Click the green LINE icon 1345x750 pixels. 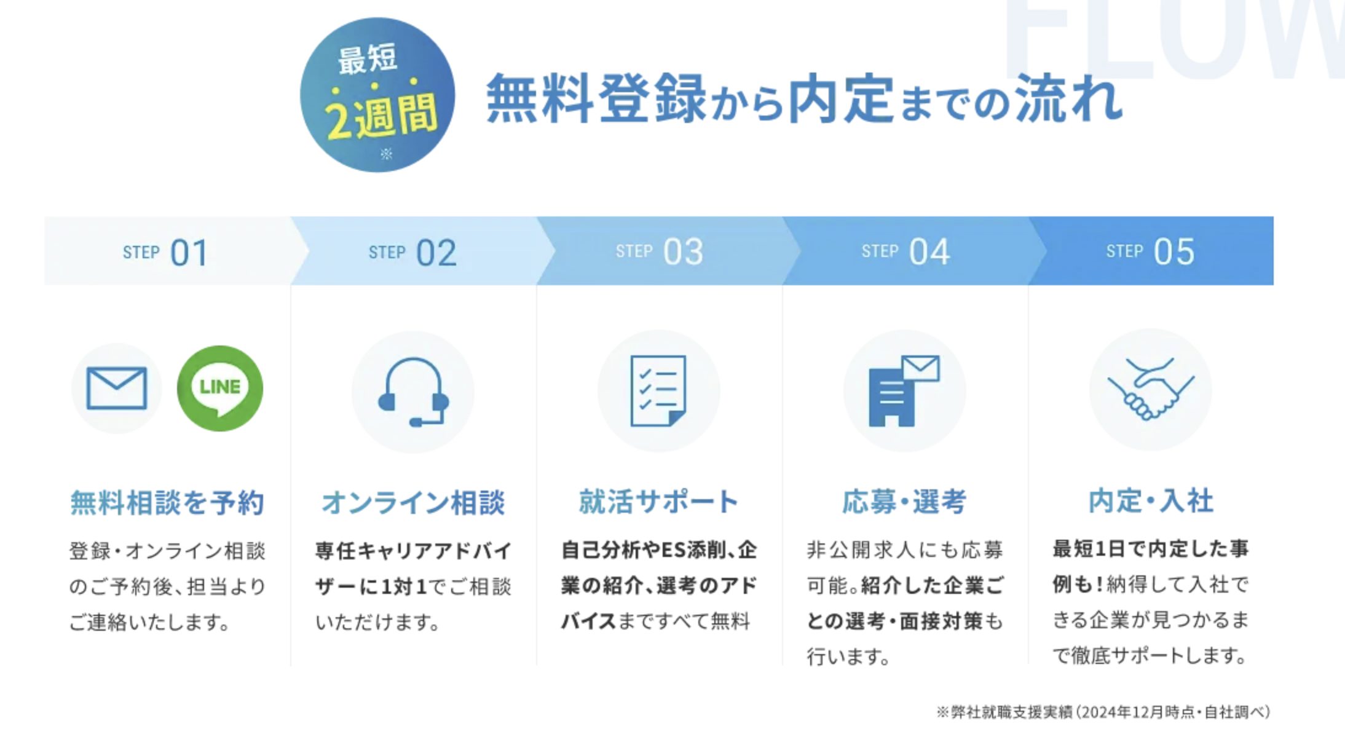pos(219,388)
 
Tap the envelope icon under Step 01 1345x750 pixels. pos(117,388)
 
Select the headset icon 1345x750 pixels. pos(413,392)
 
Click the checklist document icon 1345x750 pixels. pos(658,390)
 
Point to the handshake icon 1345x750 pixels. pos(1151,389)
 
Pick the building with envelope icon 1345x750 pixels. pos(904,390)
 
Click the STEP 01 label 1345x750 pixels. pos(165,252)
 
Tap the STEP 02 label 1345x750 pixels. pos(412,252)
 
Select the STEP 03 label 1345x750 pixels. pos(660,251)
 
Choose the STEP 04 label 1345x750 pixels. pos(905,251)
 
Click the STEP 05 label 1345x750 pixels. pos(1150,251)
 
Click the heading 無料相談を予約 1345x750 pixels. pos(167,502)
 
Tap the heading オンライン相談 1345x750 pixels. pos(413,502)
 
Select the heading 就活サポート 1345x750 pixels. pos(658,501)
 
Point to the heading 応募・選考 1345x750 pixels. pos(904,501)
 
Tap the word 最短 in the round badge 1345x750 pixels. pos(368,60)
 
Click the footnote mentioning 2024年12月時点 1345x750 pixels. pos(1103,712)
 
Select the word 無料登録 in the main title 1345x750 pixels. pos(596,98)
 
